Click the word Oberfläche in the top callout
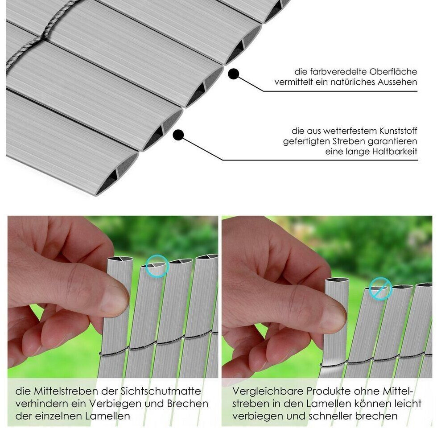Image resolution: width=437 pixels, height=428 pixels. coord(393,72)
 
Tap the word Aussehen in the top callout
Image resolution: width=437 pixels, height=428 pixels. coord(397,82)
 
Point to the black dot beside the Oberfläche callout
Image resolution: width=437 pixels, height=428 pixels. coord(234,74)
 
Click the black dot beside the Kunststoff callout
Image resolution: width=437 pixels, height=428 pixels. coord(178,135)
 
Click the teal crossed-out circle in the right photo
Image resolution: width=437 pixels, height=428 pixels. coord(381,289)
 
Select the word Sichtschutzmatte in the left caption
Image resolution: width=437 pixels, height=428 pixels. coord(161,391)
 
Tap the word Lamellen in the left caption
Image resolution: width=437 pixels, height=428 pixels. coord(107,416)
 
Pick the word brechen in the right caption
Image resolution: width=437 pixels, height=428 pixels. coord(376,416)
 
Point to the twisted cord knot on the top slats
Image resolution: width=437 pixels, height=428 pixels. coord(42,37)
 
